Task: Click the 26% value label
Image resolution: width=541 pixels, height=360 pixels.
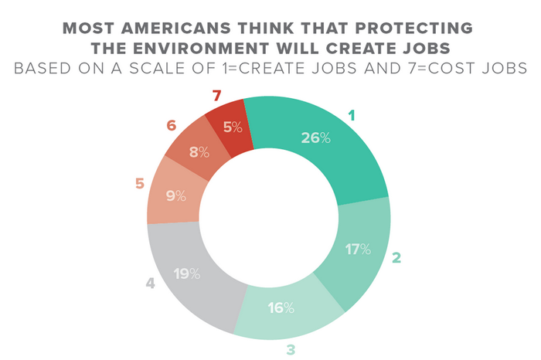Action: [x=316, y=138]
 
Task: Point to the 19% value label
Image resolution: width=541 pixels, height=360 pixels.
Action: [x=187, y=273]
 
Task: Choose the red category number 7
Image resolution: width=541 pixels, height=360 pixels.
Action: [x=218, y=97]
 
